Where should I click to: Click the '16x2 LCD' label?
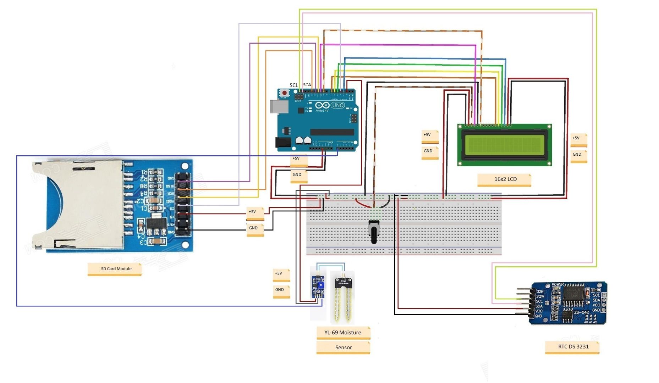pos(505,179)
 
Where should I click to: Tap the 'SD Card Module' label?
pos(116,269)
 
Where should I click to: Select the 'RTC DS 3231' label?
pos(573,346)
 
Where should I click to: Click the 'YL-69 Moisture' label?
pos(342,333)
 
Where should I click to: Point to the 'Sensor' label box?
pos(343,348)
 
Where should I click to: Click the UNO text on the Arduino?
pos(337,105)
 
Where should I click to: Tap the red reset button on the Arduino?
pos(284,93)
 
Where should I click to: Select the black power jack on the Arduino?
pos(283,142)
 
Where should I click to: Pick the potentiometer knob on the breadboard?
pos(374,232)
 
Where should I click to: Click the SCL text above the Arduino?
pos(293,85)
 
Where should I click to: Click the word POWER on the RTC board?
pos(558,284)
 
